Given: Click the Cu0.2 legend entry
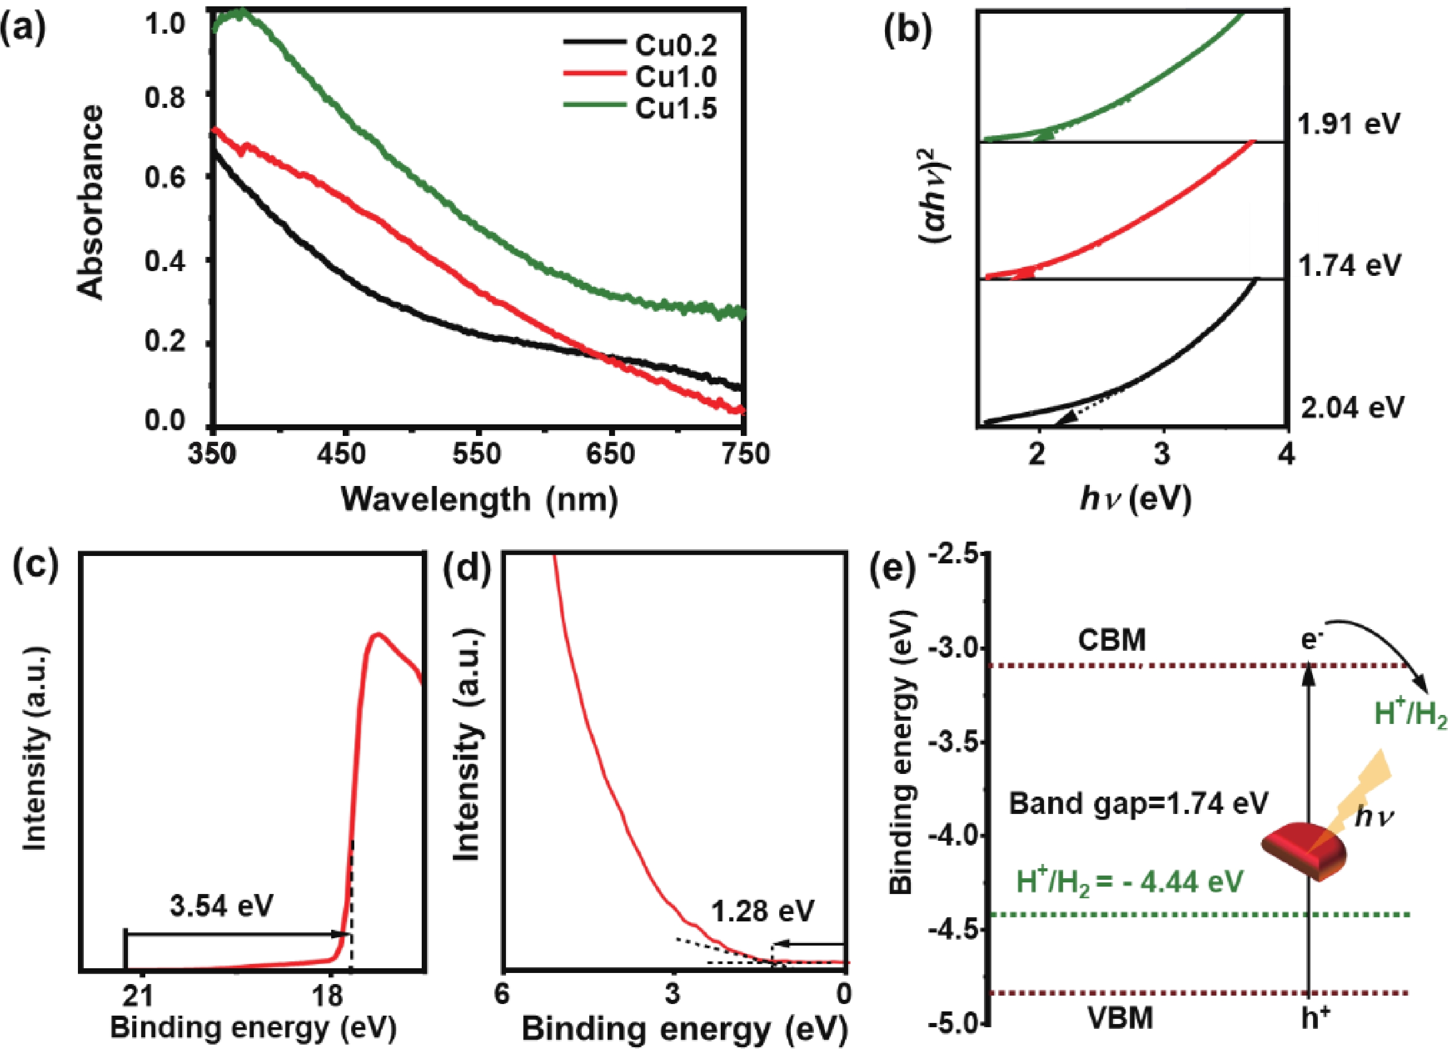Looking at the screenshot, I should (675, 45).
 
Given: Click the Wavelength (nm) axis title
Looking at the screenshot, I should (479, 500).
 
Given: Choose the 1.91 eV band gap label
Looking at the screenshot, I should (1349, 124).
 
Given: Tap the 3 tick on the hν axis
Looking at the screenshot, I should (1162, 454).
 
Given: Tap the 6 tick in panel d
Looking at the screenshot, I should (503, 994).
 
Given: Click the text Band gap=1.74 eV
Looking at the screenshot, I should (1138, 803).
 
